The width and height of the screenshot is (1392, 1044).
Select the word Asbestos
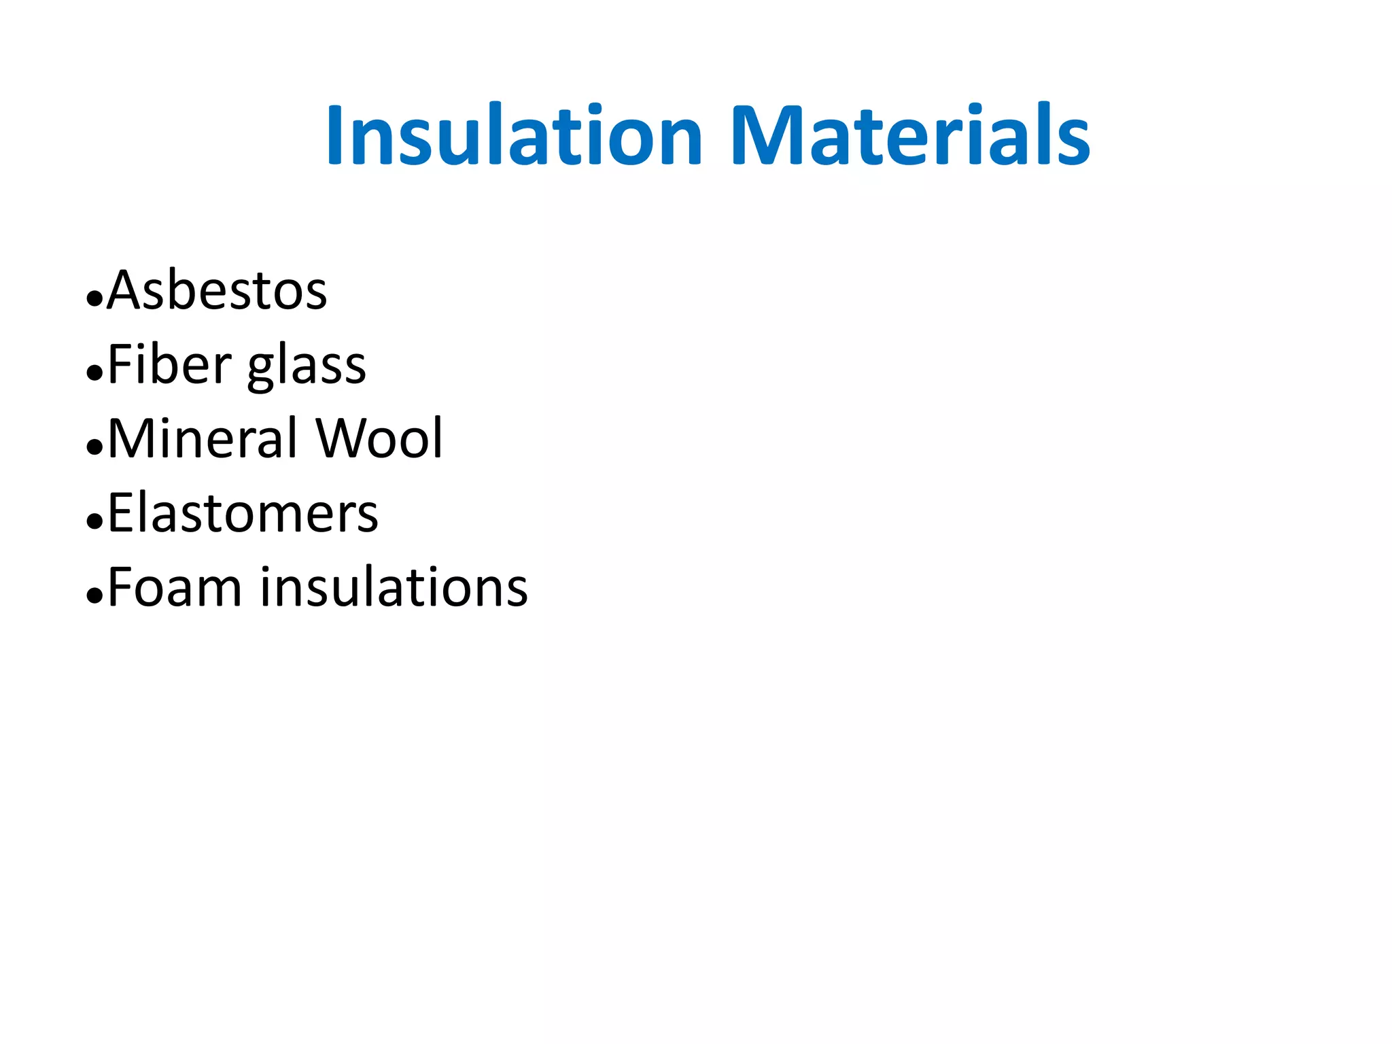click(217, 291)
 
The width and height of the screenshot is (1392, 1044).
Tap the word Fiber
click(169, 365)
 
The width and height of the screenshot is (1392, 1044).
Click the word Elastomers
click(243, 513)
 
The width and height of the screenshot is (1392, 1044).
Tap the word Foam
click(175, 587)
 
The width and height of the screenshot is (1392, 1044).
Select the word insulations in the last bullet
click(394, 587)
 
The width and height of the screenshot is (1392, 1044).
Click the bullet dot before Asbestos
click(94, 298)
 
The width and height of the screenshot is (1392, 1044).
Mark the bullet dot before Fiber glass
click(94, 372)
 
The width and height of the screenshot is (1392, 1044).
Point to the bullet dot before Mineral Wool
click(94, 447)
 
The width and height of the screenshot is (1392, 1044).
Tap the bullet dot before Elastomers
click(94, 521)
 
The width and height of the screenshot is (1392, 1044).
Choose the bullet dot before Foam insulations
click(94, 595)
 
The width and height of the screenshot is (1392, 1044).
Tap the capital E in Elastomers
click(121, 513)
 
